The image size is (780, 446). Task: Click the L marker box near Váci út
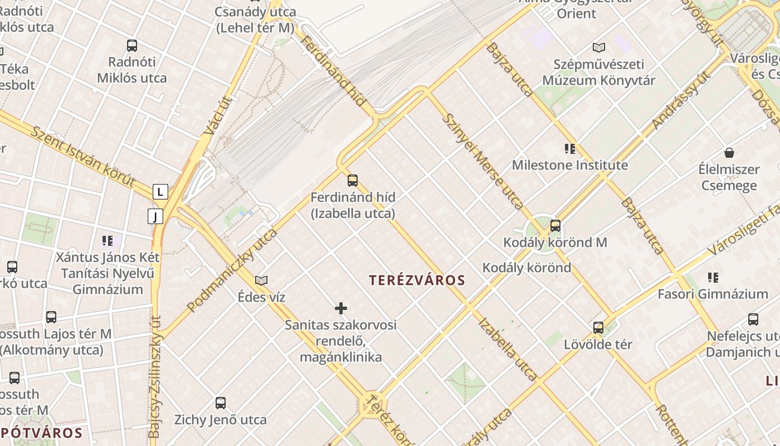tap(160, 192)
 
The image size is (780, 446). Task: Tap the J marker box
tap(155, 216)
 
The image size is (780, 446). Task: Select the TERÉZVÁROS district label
tap(417, 280)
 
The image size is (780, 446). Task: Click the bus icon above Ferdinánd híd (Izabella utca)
tap(353, 181)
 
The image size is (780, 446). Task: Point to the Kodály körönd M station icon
tap(555, 226)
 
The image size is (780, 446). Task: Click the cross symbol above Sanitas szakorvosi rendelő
tap(341, 308)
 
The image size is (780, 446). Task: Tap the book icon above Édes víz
tap(261, 280)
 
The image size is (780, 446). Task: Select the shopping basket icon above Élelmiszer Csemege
tap(729, 153)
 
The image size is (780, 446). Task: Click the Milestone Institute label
tap(569, 165)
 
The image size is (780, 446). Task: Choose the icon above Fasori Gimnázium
tap(713, 277)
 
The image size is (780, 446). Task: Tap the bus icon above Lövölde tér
tap(598, 328)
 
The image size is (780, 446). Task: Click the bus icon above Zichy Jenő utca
tap(221, 403)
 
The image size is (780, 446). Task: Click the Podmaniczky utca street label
tap(232, 270)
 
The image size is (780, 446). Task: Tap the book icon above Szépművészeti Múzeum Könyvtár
tap(599, 48)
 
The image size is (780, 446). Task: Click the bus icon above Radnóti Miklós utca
tap(132, 46)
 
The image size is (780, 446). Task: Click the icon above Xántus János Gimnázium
tap(108, 241)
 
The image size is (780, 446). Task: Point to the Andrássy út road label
tap(682, 100)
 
